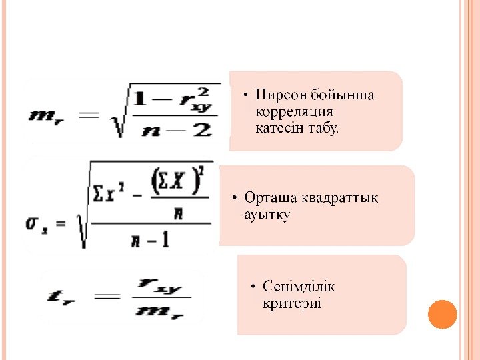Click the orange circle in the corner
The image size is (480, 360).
pos(442,314)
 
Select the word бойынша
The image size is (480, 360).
pos(343,95)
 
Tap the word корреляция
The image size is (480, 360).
pos(294,111)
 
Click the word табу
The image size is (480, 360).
pos(323,127)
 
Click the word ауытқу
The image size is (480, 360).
pos(267,215)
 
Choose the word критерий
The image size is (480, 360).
pos(292,303)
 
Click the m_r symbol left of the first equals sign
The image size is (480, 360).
pos(45,114)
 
